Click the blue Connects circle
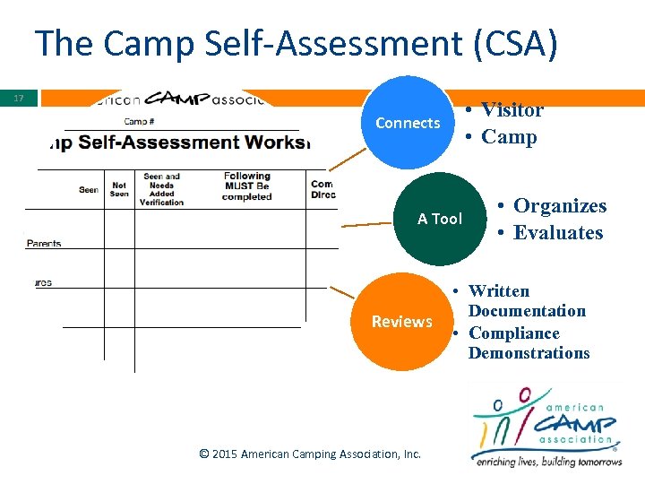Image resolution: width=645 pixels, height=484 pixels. pos(408,123)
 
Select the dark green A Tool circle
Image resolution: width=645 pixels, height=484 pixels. pos(440,219)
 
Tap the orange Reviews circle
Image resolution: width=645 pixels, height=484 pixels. pos(402,322)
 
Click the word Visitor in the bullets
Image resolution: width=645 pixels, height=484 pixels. pos(512,110)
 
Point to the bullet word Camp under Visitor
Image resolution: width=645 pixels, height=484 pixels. pos(509,137)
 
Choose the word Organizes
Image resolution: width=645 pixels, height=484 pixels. pos(559,206)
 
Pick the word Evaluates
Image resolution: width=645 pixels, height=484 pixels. pos(558,233)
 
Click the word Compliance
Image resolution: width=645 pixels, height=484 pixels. pos(513,333)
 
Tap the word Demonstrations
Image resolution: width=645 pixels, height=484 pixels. pos(529,352)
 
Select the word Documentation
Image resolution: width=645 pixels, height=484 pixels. pos(527,311)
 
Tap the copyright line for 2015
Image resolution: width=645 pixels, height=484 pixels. pos(310,454)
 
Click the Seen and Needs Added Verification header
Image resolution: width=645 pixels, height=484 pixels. pos(161,189)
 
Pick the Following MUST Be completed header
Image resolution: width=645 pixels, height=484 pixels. pos(246,186)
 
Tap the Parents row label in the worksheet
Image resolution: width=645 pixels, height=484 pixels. pos(44,243)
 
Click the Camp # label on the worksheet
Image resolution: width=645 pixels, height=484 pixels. pos(139,121)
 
